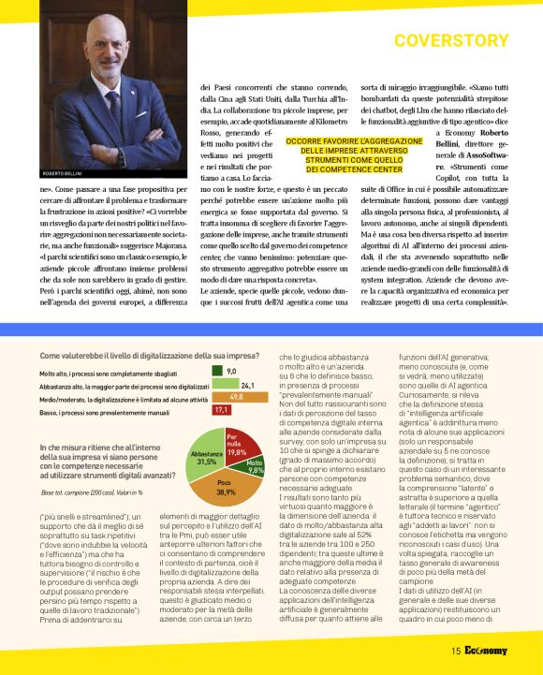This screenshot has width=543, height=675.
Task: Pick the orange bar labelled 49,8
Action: click(x=234, y=397)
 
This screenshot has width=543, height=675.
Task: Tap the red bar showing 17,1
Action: click(x=222, y=410)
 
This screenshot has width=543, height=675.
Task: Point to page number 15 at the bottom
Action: click(x=455, y=651)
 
